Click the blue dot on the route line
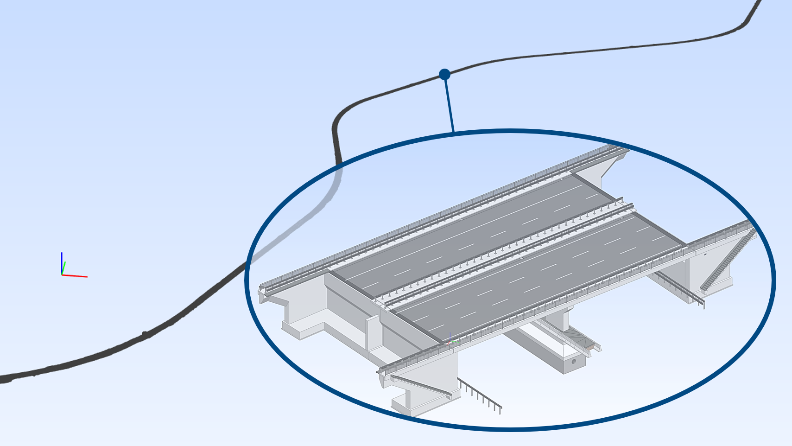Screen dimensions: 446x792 coord(444,74)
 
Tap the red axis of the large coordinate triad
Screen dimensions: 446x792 coord(75,276)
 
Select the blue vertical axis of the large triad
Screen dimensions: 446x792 coord(62,262)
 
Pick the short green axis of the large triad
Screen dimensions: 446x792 coord(64,268)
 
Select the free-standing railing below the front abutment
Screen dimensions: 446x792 coord(480,395)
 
